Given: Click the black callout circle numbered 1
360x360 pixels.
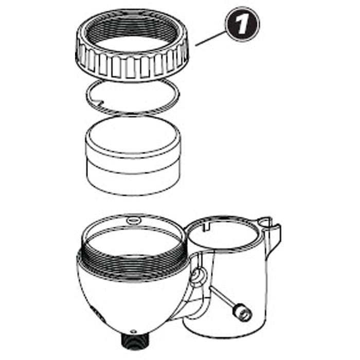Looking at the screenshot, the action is pos(242,24).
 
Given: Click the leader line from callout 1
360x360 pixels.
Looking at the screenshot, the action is pos(210,39).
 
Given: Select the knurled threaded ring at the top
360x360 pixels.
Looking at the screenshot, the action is pos(132,45).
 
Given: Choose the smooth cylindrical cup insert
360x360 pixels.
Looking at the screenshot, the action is pos(133,155).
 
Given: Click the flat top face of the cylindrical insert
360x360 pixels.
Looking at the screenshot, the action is pos(133,135).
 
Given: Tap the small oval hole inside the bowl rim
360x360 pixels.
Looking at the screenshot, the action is pos(134,221).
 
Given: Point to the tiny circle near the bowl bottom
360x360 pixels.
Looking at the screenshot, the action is pos(133,331).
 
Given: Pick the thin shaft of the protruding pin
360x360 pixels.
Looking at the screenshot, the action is pos(222,297).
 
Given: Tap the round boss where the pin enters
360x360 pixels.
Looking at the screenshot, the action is pos(198,276).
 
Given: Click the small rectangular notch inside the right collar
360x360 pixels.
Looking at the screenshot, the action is pos(207,226).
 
